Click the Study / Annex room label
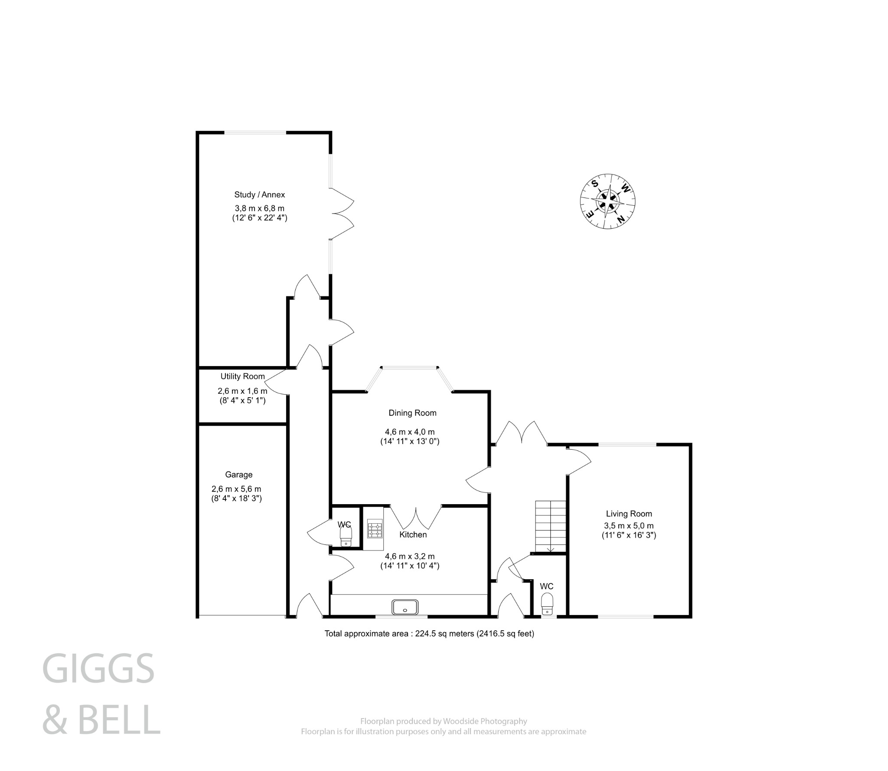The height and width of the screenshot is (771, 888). point(259,194)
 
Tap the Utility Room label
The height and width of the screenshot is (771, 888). point(242,376)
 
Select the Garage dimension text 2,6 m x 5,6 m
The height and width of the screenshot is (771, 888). point(236,489)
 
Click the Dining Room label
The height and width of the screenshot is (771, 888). point(412,413)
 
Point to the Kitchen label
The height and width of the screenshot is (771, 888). point(413,535)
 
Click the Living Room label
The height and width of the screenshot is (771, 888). point(629,514)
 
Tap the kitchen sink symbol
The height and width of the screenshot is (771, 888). point(405,607)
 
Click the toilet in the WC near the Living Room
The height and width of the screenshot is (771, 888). point(547,604)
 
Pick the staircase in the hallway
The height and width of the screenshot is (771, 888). point(551,526)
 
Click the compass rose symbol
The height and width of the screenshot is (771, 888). point(608,201)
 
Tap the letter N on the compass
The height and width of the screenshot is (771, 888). point(621,220)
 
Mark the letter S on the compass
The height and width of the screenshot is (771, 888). point(595,183)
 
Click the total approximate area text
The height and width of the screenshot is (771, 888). point(429,634)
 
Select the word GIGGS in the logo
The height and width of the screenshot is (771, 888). point(98,668)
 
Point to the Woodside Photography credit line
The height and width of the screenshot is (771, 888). point(444,721)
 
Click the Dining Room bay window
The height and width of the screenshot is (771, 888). point(410,369)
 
